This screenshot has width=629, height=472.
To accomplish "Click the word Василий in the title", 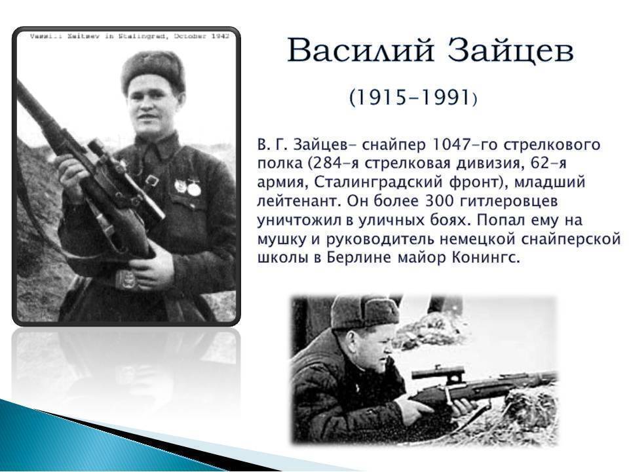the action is pos(360,50).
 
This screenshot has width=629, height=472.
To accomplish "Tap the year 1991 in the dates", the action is pos(444,97).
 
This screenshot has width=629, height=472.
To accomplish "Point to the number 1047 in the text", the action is pos(448,144).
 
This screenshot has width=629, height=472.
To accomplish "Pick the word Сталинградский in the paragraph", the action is pos(378,182).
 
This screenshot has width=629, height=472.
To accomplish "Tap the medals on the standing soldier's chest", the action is pos(187,187).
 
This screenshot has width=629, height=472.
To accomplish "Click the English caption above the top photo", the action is pos(130,36).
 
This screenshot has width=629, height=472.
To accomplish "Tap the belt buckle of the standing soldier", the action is pos(126,279).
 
